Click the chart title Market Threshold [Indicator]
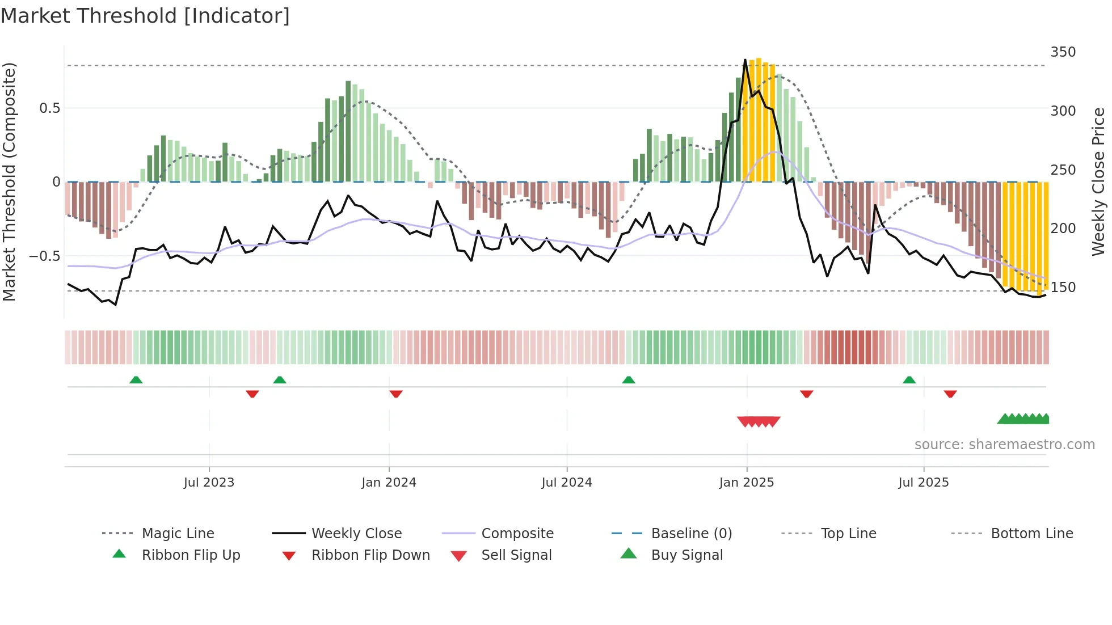click(145, 16)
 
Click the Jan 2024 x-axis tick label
click(389, 482)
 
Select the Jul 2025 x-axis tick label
click(923, 482)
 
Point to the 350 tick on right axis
click(1063, 52)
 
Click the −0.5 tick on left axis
click(44, 256)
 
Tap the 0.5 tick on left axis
click(49, 108)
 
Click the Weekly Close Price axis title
click(1098, 181)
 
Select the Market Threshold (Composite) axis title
click(9, 181)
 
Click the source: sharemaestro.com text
click(1004, 444)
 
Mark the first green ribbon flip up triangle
click(136, 380)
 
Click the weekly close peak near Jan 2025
click(745, 60)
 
